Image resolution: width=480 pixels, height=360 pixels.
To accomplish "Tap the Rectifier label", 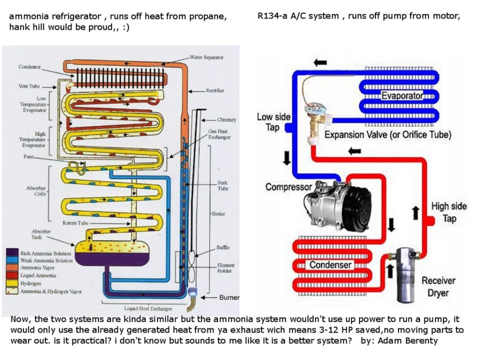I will [215, 90].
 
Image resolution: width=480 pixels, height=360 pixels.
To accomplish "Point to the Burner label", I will [229, 298].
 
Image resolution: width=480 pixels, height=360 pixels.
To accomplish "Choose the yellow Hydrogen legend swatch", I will [13, 283].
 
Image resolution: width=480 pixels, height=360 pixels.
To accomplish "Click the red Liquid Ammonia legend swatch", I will [13, 276].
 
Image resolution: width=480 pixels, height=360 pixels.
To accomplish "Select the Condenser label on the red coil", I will [330, 265].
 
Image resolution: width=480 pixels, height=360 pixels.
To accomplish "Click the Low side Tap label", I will [274, 122].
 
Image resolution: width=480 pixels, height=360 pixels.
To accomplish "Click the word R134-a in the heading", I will [272, 16].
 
